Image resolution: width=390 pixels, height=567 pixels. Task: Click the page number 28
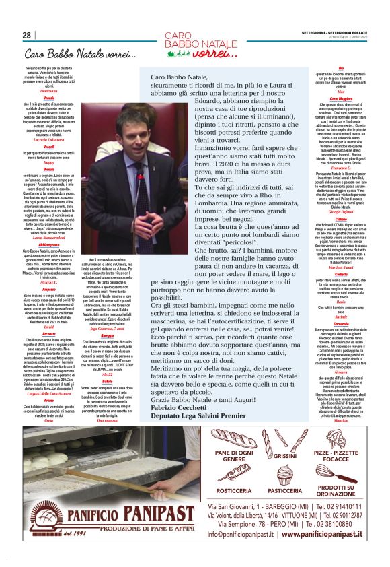[27, 35]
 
